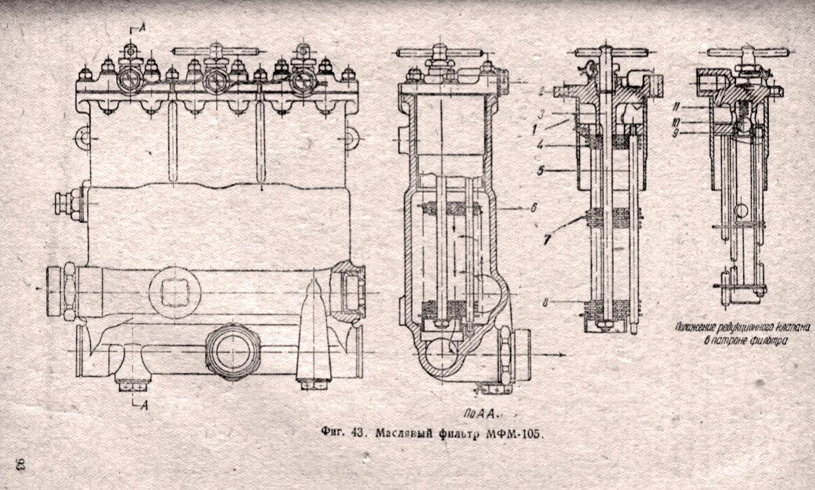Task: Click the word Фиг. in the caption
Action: click(x=332, y=433)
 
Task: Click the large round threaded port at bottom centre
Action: click(x=231, y=352)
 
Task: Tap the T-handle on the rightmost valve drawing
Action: click(x=747, y=52)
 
